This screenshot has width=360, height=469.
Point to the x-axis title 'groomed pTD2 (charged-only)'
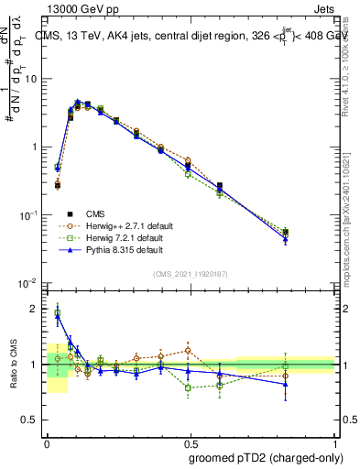[264, 457]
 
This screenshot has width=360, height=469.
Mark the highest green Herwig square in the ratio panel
[58, 313]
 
